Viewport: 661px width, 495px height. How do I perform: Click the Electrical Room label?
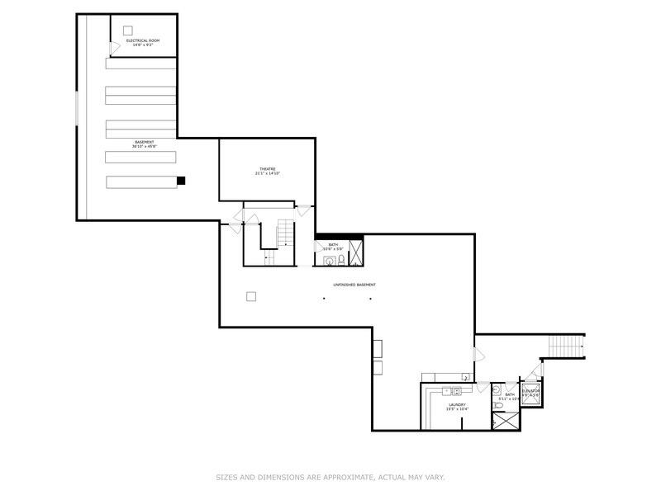click(143, 42)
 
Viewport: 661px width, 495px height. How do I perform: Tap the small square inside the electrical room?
click(128, 30)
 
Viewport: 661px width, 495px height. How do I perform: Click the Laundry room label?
click(458, 407)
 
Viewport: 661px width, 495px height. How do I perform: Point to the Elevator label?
click(530, 393)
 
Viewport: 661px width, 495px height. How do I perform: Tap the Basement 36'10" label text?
click(144, 144)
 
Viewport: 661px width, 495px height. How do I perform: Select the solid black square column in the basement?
click(181, 181)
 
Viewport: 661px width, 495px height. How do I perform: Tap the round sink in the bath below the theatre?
click(330, 262)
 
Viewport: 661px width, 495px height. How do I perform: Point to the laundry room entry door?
click(482, 387)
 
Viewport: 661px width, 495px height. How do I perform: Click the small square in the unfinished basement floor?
click(252, 296)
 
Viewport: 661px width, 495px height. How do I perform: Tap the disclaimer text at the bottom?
click(330, 476)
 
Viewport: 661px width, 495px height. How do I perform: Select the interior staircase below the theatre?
click(285, 235)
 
